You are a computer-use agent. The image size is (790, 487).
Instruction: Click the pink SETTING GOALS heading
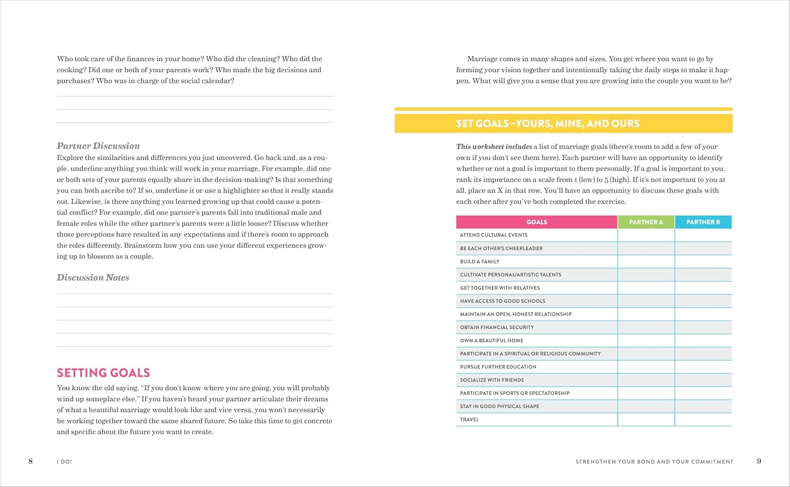(x=103, y=373)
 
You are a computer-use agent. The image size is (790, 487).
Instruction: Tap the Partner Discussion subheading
(x=98, y=146)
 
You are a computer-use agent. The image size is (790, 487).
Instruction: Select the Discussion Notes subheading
(x=93, y=277)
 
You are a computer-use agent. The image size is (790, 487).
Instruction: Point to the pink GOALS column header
(x=537, y=222)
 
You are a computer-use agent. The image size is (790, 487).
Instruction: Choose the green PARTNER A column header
(x=646, y=222)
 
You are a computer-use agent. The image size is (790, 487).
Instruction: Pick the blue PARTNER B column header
(x=703, y=222)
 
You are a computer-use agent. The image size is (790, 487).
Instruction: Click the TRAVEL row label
(x=469, y=420)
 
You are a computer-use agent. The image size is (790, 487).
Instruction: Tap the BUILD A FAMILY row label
(x=479, y=262)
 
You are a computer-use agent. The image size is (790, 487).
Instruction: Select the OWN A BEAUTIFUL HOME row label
(x=491, y=341)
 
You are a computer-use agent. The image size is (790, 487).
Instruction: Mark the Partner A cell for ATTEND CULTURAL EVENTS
(x=646, y=235)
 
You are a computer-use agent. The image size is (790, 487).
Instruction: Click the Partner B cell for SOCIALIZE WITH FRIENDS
(x=703, y=380)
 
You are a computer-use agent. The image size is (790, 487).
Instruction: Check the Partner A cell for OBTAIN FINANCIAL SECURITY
(x=646, y=327)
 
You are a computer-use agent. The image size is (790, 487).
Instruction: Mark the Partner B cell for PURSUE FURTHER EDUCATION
(x=703, y=367)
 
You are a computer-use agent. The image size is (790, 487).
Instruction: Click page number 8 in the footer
(x=31, y=461)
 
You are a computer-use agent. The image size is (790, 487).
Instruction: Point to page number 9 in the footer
(x=759, y=461)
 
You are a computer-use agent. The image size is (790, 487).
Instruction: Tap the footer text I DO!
(x=64, y=462)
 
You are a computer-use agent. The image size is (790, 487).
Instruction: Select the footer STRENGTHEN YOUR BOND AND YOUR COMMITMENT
(x=654, y=462)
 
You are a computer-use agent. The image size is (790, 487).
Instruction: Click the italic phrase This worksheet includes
(x=494, y=147)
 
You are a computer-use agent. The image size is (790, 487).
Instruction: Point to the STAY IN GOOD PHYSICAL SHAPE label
(x=499, y=406)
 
